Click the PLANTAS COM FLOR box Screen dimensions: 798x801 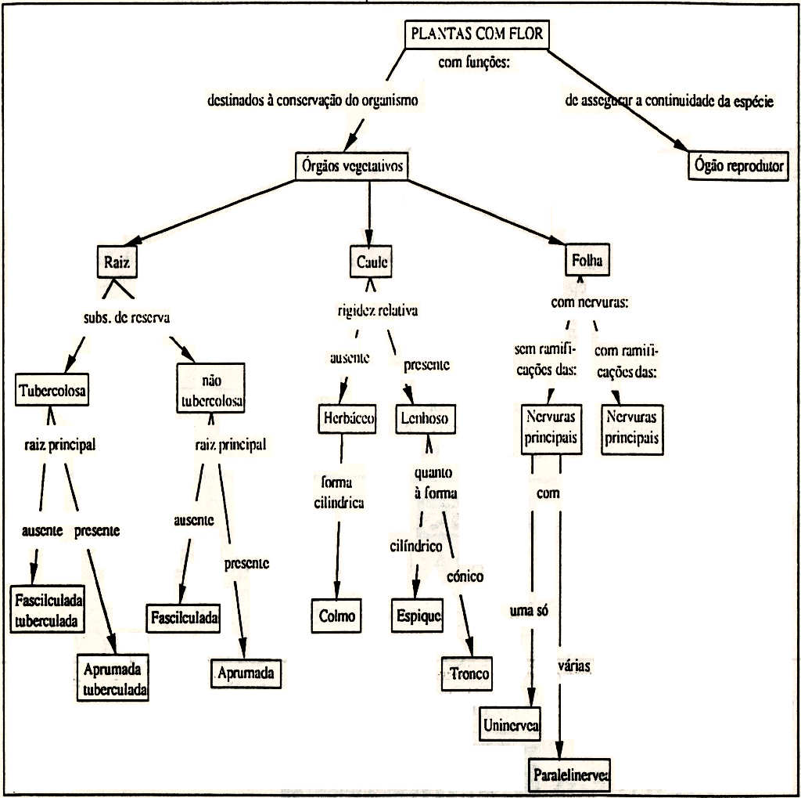click(476, 35)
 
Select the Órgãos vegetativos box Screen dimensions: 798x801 click(351, 166)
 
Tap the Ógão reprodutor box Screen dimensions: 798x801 click(738, 166)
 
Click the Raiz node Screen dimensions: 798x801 click(117, 262)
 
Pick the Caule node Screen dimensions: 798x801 click(372, 262)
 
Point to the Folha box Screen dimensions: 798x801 click(587, 261)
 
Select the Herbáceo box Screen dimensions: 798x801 click(348, 418)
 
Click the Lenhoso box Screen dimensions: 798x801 click(425, 418)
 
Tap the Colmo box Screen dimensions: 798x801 click(337, 616)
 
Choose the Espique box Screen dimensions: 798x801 click(416, 616)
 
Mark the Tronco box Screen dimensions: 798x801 click(467, 673)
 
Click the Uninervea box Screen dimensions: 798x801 click(510, 726)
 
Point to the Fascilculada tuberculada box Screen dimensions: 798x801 click(48, 610)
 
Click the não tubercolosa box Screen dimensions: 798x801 click(211, 390)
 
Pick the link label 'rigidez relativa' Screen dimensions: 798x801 click(377, 310)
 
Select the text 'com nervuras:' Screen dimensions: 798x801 click(590, 304)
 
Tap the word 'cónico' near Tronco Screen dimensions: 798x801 click(465, 576)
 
